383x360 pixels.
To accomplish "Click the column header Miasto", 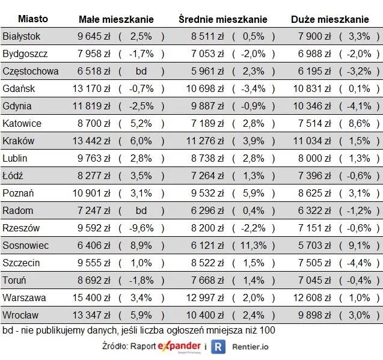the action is (33, 19).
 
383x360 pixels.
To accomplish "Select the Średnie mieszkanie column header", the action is (223, 19).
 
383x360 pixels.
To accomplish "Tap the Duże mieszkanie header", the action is (330, 19).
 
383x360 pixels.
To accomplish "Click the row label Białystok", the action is (21, 37).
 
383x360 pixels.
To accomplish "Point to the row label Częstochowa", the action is (31, 72).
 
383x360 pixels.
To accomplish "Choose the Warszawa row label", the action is (24, 297).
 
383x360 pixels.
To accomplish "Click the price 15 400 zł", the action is (91, 297).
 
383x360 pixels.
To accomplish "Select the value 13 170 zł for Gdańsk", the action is (91, 89).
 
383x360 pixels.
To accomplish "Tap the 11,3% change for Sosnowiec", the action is (253, 245).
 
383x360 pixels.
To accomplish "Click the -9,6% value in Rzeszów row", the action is (141, 228).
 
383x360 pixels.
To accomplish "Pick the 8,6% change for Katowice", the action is (360, 124).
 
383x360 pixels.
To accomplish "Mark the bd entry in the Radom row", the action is (141, 211).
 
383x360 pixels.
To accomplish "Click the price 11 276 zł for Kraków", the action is (205, 141).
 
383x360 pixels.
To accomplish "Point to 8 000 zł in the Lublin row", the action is (314, 158).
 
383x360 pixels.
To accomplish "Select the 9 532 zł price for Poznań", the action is (207, 193).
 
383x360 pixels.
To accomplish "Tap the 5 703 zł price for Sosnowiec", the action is (314, 245).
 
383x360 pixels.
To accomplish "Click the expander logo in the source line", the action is (179, 347).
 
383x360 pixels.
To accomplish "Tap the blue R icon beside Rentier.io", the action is (218, 347).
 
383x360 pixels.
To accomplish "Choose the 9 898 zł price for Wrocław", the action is (314, 315).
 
